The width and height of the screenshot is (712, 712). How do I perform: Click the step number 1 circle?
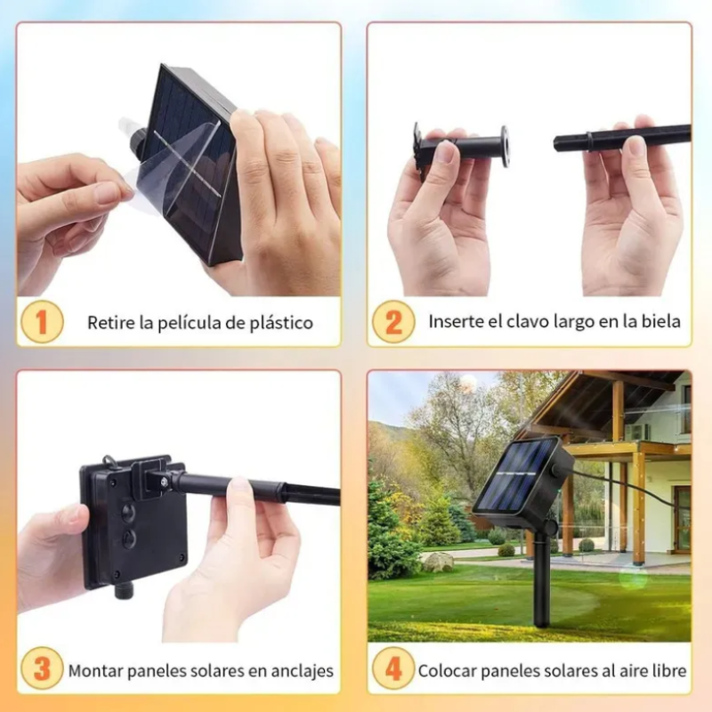tap(41, 321)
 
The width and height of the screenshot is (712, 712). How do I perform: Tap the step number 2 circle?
tap(392, 321)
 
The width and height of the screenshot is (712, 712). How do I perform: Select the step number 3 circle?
tap(41, 669)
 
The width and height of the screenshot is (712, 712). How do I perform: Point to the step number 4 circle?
tap(392, 669)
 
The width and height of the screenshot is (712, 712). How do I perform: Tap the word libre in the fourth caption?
tap(667, 670)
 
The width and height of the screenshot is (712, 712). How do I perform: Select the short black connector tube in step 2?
tap(463, 146)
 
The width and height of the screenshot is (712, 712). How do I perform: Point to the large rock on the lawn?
tap(438, 562)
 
